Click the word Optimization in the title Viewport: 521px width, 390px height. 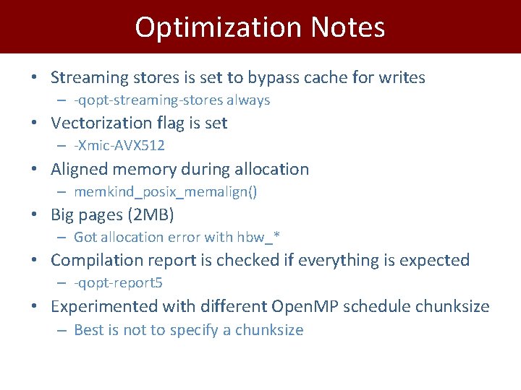(x=218, y=27)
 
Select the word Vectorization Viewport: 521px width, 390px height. (x=98, y=123)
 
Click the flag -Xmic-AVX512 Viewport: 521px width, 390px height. (x=119, y=146)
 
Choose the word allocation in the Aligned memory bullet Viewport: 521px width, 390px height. (x=271, y=170)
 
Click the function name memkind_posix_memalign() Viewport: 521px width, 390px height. (x=166, y=192)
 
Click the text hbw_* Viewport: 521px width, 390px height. (x=261, y=238)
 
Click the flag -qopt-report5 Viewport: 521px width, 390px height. (x=123, y=283)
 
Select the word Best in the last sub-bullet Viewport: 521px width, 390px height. (x=88, y=330)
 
